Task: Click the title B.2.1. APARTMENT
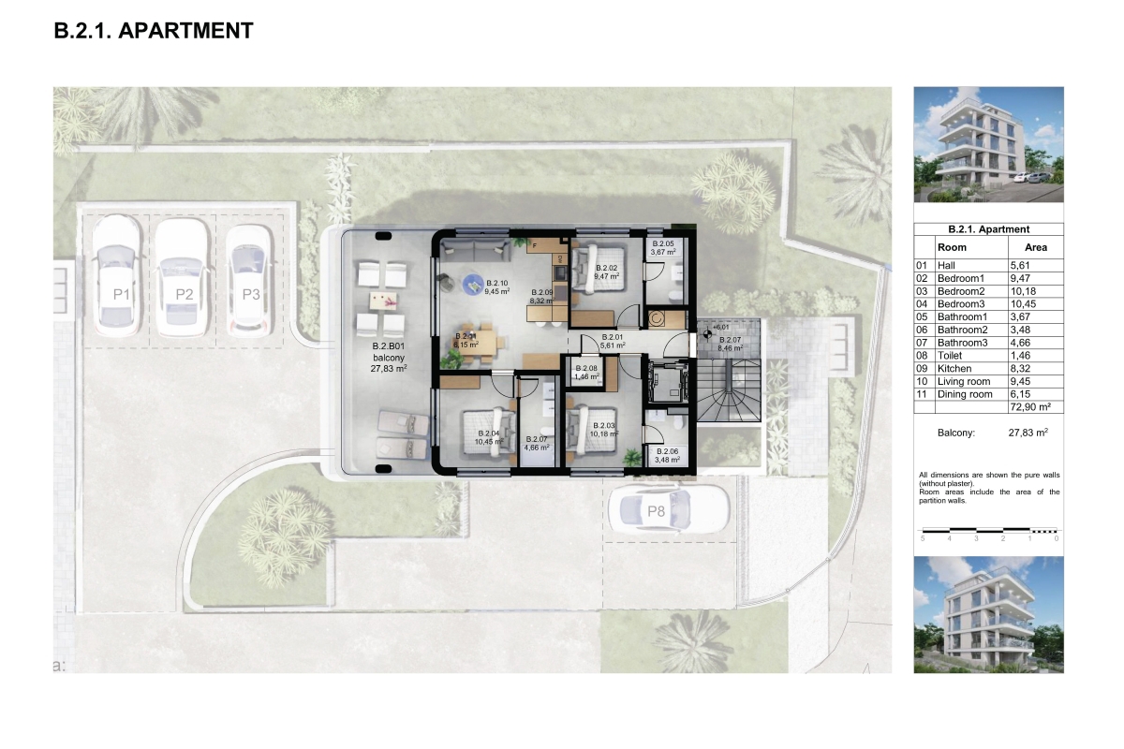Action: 154,30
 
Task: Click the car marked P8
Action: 668,511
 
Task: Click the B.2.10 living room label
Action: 496,286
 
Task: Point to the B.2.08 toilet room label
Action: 586,372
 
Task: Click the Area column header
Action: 1035,247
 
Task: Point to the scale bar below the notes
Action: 989,532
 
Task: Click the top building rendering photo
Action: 988,144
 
